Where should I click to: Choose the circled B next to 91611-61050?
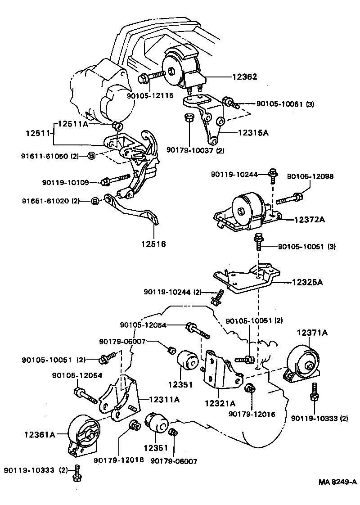point(91,156)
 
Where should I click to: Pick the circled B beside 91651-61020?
point(95,201)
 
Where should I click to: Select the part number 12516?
point(153,244)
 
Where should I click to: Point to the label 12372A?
point(310,219)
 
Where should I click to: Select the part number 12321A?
point(220,403)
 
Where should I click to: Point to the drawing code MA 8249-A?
point(337,482)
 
